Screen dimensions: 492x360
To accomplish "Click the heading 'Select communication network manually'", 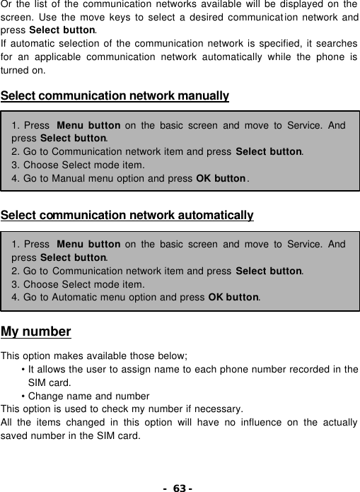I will [115, 95].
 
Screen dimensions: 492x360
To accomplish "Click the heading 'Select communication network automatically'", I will [127, 215].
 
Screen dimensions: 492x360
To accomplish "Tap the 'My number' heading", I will [36, 332].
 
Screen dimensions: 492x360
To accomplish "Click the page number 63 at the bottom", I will [180, 487].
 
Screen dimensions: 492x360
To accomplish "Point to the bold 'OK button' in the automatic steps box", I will [233, 297].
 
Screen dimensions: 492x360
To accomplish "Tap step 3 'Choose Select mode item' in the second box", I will [79, 284].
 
